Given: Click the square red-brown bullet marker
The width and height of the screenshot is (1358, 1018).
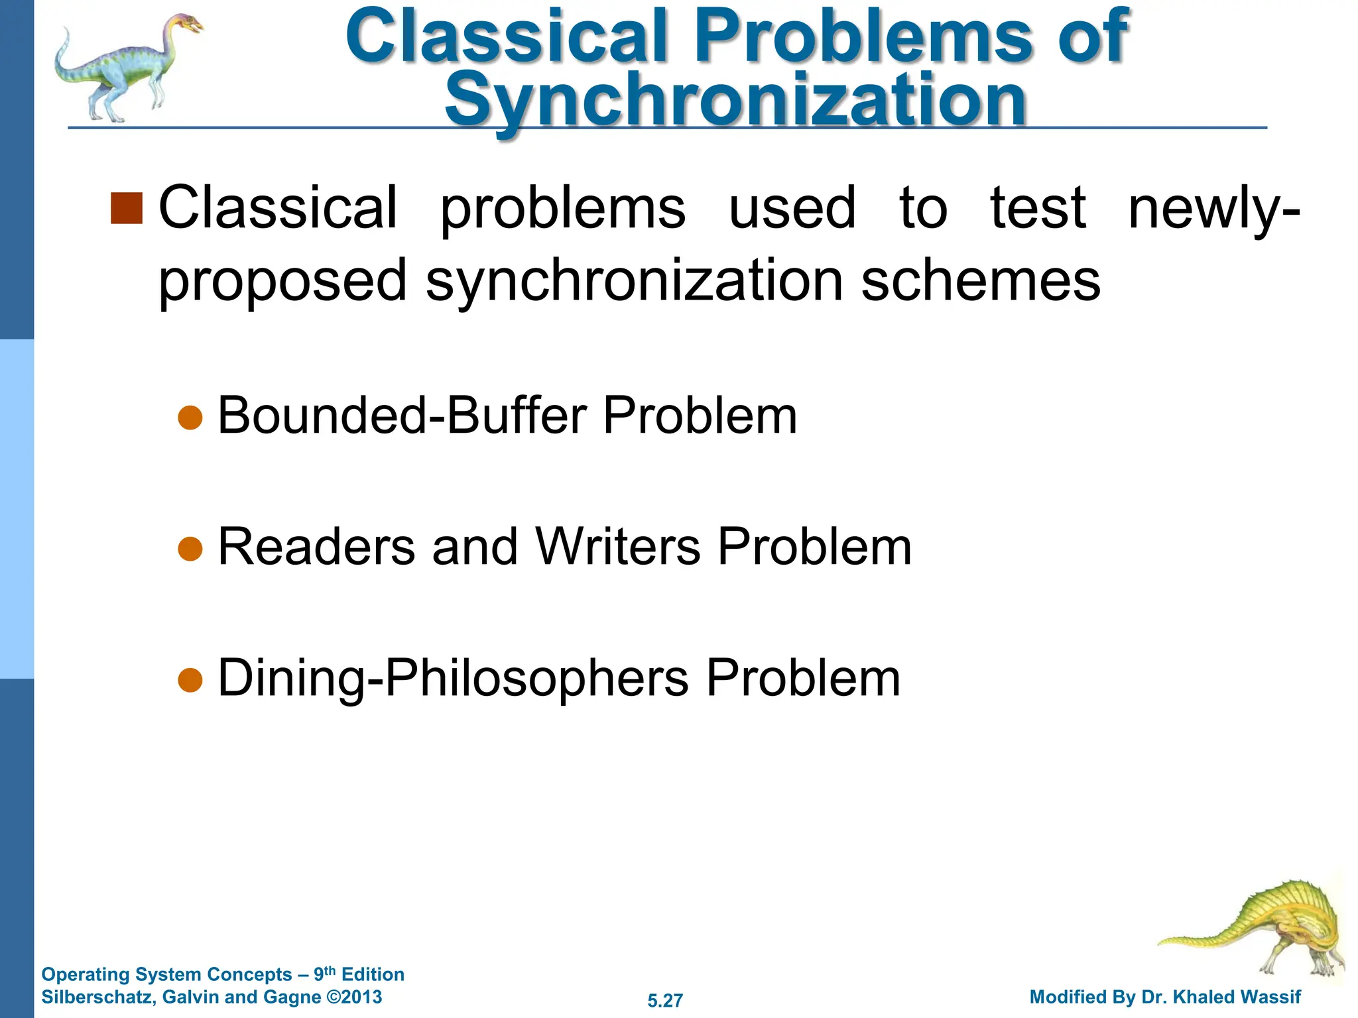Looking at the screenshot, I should point(127,209).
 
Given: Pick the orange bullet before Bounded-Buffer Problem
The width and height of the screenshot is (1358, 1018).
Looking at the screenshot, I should point(190,418).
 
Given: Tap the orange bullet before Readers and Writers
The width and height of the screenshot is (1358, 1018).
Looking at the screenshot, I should point(190,549).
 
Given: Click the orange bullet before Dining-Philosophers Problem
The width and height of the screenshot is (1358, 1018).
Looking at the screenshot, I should point(190,680).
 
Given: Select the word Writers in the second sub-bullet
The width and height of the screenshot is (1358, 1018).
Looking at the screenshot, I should point(618,547).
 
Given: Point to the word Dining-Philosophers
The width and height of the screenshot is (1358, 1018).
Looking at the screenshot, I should point(454,679).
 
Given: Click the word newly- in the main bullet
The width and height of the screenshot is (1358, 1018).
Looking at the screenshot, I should point(1214,208).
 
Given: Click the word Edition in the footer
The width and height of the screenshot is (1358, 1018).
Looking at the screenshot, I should point(373,974).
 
